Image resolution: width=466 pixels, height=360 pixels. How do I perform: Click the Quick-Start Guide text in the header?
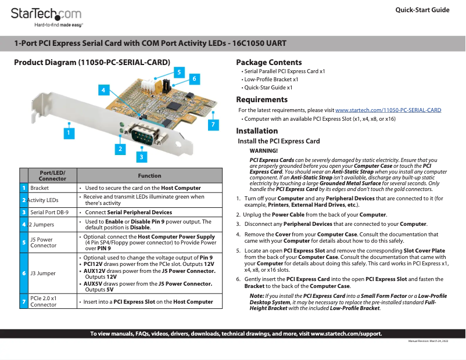[x=422, y=10]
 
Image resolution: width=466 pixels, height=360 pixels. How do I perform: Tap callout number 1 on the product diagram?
[x=68, y=133]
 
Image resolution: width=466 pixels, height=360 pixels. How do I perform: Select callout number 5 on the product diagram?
[x=179, y=72]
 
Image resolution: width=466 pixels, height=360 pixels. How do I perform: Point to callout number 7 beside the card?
[x=213, y=124]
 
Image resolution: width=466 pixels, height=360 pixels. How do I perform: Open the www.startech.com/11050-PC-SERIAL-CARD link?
[x=388, y=110]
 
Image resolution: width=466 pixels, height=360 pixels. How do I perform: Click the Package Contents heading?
[x=269, y=62]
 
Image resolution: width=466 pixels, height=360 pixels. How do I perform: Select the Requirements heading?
[x=261, y=99]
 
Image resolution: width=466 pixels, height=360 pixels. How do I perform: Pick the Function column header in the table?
[x=149, y=175]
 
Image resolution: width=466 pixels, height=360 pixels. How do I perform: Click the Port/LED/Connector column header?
[x=52, y=175]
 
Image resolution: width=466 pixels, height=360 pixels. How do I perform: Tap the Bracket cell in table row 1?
[x=40, y=188]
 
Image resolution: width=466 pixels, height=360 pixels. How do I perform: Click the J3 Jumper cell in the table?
[x=43, y=273]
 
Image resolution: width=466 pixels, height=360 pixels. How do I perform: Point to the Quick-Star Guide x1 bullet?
[x=268, y=87]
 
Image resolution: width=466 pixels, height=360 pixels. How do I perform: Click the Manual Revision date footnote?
[x=428, y=341]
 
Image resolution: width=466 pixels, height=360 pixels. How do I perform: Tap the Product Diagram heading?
[x=92, y=62]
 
